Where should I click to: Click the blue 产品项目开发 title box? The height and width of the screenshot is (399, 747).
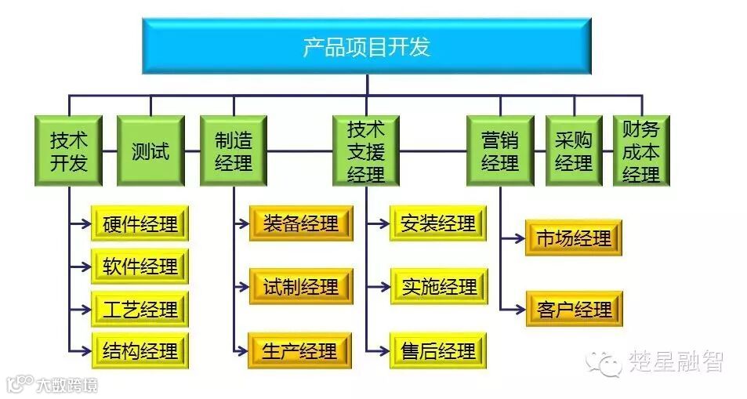coord(366,46)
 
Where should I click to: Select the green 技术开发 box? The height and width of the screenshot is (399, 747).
coord(68,151)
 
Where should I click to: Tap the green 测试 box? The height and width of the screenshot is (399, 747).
coord(150,151)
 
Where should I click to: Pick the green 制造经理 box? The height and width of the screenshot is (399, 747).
coord(234,151)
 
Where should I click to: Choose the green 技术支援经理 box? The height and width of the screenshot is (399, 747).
coord(366,151)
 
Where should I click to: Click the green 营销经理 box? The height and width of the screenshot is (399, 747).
coord(500,151)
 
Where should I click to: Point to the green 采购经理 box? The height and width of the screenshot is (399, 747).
coord(574,151)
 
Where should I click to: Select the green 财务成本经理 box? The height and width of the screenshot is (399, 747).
coord(641,151)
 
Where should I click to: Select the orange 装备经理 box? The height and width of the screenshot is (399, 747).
coord(301,223)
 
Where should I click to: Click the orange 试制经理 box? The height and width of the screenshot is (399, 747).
coord(301,287)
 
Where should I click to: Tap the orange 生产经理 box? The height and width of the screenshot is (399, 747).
coord(301,350)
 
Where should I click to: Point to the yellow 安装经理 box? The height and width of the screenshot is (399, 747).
coord(438,223)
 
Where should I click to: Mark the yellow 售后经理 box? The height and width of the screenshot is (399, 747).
coord(438,350)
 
